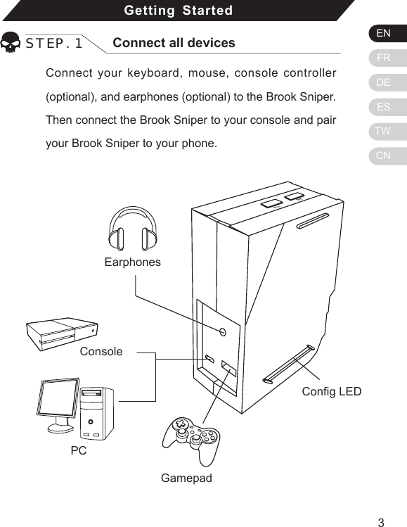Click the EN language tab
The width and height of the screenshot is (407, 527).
tap(384, 33)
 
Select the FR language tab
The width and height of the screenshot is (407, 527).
tap(384, 58)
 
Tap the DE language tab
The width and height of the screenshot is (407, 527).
tap(384, 82)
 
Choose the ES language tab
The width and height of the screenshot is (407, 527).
tap(384, 107)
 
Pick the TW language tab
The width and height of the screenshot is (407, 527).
tap(384, 132)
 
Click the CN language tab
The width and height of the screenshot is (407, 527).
tap(384, 155)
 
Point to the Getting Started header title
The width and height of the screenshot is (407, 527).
tap(178, 11)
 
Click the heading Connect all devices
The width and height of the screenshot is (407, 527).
tap(174, 43)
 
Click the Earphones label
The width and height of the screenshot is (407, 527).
tap(132, 262)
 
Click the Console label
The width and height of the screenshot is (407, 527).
tap(101, 351)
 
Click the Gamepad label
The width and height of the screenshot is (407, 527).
tap(186, 478)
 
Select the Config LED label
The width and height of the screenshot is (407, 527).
tap(331, 391)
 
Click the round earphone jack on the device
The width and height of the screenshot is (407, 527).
tap(222, 331)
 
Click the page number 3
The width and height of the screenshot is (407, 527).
tap(380, 521)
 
